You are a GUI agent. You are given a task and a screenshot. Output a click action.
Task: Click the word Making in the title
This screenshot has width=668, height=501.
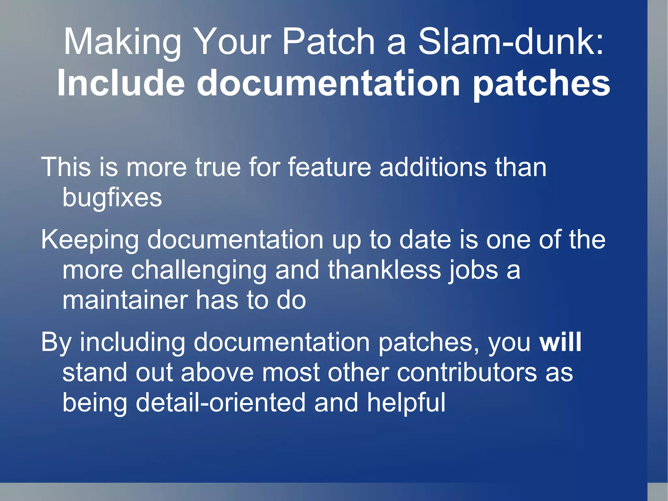tap(122, 42)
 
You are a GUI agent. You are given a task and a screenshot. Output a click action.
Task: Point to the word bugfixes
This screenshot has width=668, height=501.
tap(112, 198)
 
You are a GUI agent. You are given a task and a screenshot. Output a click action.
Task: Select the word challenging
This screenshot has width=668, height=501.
tap(199, 271)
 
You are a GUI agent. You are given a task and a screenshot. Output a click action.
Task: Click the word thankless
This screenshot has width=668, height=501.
tap(384, 270)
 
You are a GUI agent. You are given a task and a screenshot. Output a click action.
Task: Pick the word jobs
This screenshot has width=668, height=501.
tap(473, 271)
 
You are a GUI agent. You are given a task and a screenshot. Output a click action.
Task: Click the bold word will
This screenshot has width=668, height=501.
tap(560, 342)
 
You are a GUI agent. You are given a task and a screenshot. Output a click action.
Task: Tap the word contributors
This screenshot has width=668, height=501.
tap(466, 372)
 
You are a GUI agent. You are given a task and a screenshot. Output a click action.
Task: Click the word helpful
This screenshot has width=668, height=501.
tap(406, 403)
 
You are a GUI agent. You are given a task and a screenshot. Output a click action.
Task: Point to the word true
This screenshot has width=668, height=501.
tap(218, 167)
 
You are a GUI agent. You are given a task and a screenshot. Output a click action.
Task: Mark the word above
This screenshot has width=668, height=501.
tap(217, 372)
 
